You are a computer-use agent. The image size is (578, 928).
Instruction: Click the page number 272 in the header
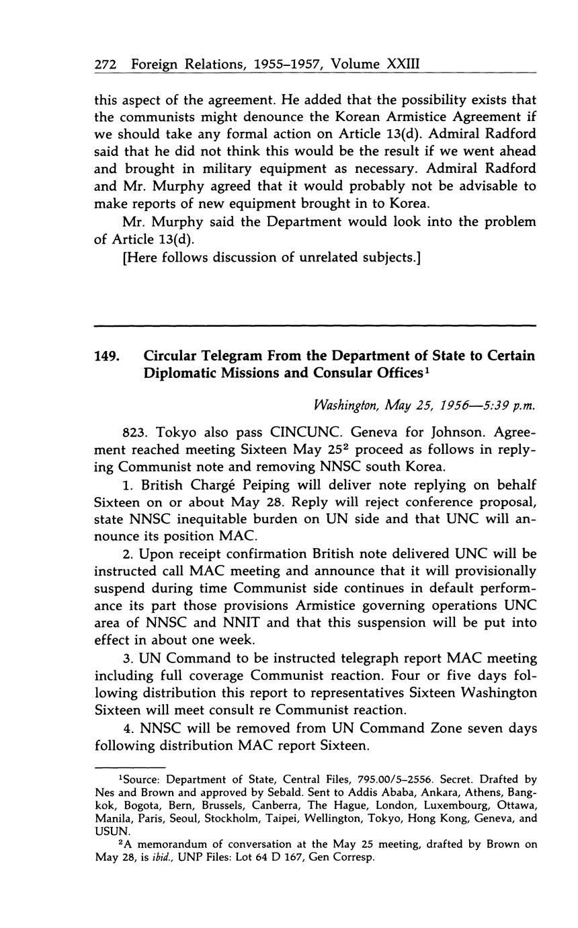[106, 65]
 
